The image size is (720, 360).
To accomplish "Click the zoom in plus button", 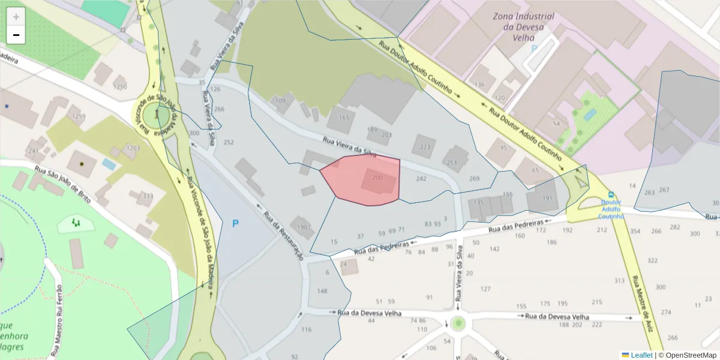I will [x=16, y=17].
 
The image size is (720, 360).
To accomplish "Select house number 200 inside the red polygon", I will [x=377, y=178].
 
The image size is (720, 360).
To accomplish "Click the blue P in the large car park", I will [x=235, y=224].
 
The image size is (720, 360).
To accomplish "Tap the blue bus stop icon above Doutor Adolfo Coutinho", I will [x=611, y=194].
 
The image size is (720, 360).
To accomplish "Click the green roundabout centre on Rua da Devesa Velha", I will [x=459, y=323].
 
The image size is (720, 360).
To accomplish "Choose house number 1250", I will [x=120, y=87].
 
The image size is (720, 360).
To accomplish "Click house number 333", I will [x=148, y=196].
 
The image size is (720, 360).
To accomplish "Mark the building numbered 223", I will [x=425, y=147].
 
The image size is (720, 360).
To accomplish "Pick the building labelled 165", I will [x=343, y=118].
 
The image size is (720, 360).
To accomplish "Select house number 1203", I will [x=133, y=148].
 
